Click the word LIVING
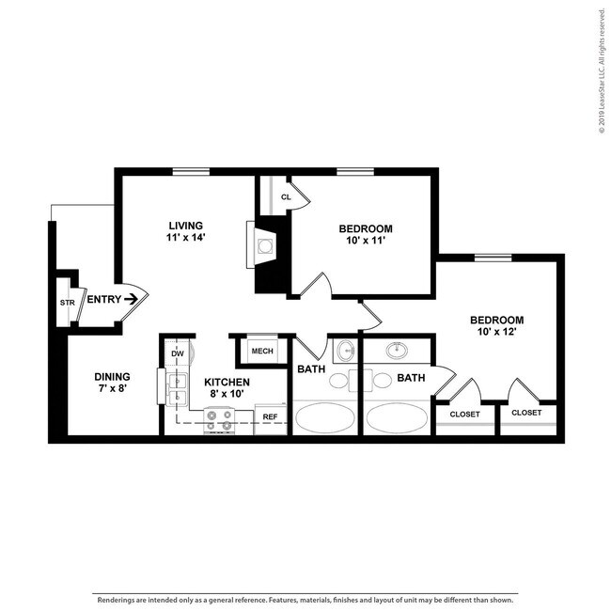click(186, 226)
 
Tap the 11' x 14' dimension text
click(186, 238)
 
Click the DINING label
click(112, 379)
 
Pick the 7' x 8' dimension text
click(112, 392)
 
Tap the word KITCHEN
click(227, 382)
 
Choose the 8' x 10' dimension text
click(227, 395)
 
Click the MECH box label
click(260, 352)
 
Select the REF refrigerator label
click(270, 416)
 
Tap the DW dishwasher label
click(178, 353)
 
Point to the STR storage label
click(67, 303)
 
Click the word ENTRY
click(102, 300)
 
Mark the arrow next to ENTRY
click(132, 300)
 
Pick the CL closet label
click(285, 197)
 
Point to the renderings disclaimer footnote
click(305, 599)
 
